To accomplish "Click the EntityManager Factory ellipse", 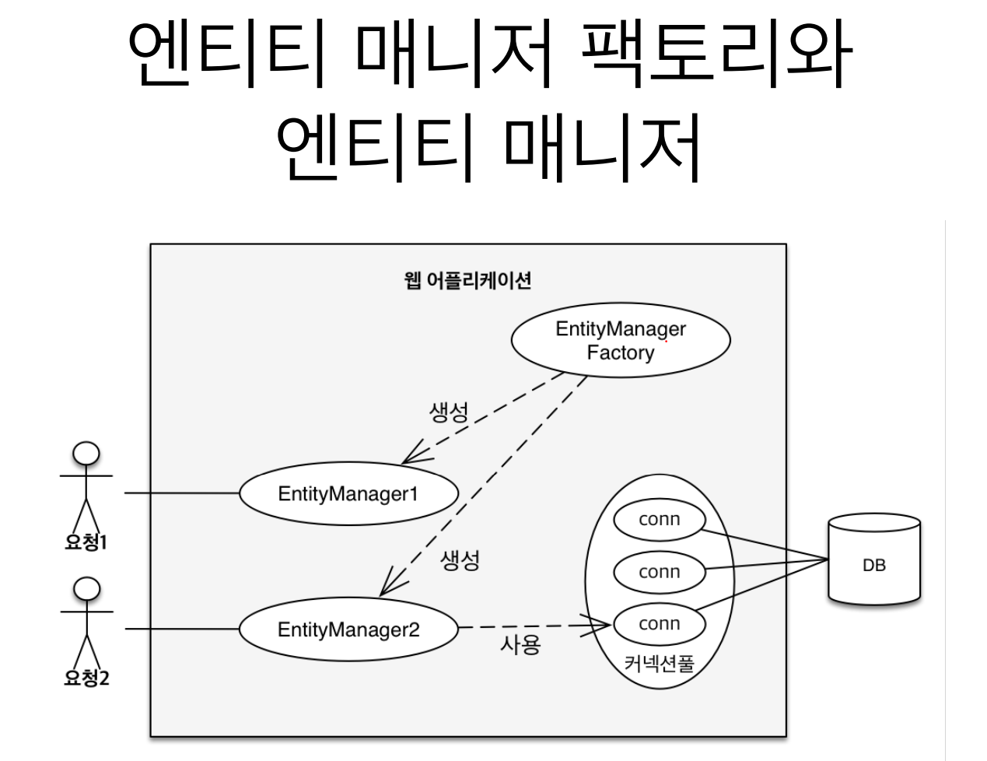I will (x=620, y=340).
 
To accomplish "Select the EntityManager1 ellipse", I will (x=348, y=493).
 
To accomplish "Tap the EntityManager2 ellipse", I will (x=348, y=629).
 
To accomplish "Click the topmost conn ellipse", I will (x=659, y=520).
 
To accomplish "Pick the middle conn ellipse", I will (x=659, y=572).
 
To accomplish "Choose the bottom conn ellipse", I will (x=659, y=624).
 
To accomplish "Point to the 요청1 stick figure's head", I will (x=86, y=453).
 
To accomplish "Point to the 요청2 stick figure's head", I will (x=86, y=589).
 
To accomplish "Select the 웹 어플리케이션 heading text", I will (x=467, y=280).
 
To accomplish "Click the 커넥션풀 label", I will (x=659, y=663).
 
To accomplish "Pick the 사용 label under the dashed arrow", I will (x=520, y=645).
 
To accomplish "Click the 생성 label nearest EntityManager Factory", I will (x=449, y=412).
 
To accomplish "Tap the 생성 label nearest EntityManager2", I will (x=460, y=559).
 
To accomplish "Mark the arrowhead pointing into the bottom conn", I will (x=604, y=623).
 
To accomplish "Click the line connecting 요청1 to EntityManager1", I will (x=181, y=493).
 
